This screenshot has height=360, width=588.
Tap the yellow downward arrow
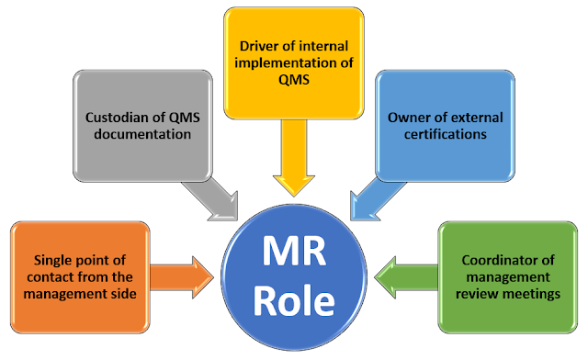tap(293, 152)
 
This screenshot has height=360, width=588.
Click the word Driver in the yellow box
tap(250, 45)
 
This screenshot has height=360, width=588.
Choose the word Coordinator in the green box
tap(494, 260)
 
